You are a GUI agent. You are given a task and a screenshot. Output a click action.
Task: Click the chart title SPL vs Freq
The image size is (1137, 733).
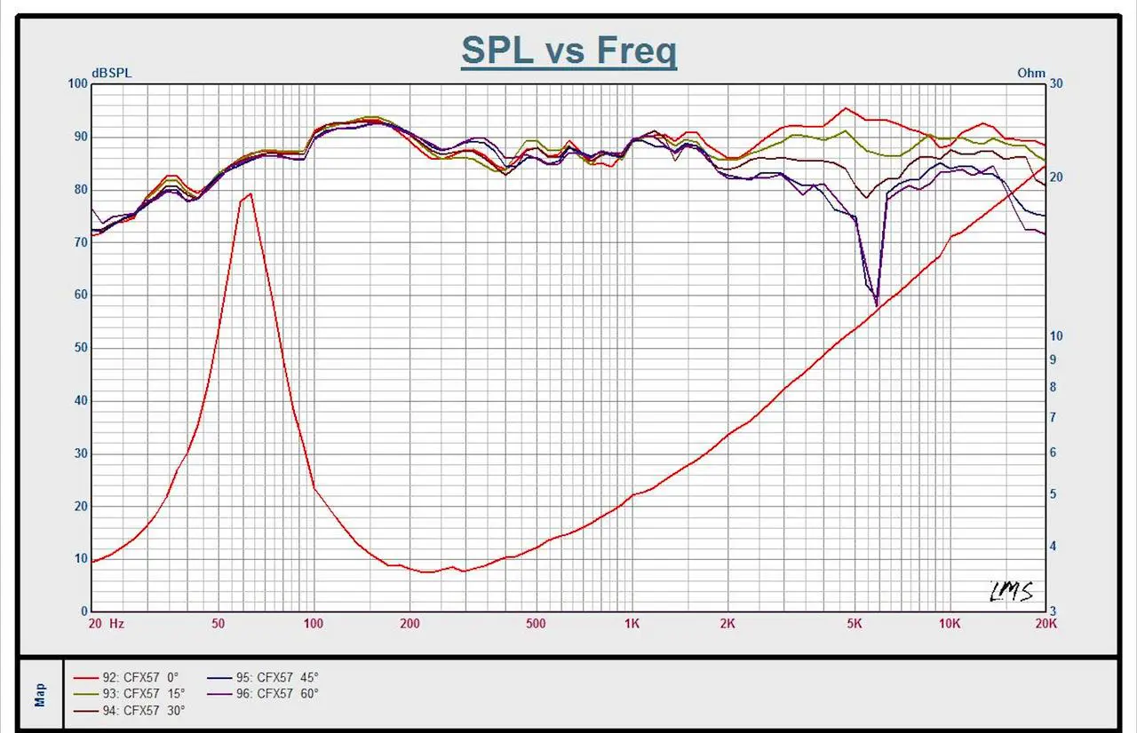(x=568, y=51)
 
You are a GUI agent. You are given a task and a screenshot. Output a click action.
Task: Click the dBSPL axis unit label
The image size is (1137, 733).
(x=111, y=74)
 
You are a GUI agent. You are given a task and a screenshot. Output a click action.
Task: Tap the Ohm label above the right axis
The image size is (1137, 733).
(x=1030, y=74)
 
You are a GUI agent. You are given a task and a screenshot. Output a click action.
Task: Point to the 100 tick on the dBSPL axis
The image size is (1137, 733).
(x=78, y=84)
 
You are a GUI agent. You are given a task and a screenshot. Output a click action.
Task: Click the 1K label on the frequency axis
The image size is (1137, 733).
(x=631, y=624)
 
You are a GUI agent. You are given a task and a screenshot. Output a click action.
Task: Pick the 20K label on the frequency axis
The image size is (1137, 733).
(x=1046, y=624)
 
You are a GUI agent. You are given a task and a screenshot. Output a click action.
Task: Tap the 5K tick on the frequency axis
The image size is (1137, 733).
(x=854, y=624)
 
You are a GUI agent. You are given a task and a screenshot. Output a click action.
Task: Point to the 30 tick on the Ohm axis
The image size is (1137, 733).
(x=1056, y=83)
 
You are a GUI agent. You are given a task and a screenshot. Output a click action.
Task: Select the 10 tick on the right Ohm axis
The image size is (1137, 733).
(x=1056, y=336)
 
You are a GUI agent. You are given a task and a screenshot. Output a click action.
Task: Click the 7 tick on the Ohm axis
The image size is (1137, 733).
(x=1054, y=417)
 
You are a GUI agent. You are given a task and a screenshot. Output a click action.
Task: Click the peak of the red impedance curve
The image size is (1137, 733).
(x=250, y=193)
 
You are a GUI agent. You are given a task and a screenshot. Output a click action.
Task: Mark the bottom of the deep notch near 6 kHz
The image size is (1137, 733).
(x=877, y=304)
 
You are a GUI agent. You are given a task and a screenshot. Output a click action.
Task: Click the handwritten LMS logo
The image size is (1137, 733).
(x=1012, y=591)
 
